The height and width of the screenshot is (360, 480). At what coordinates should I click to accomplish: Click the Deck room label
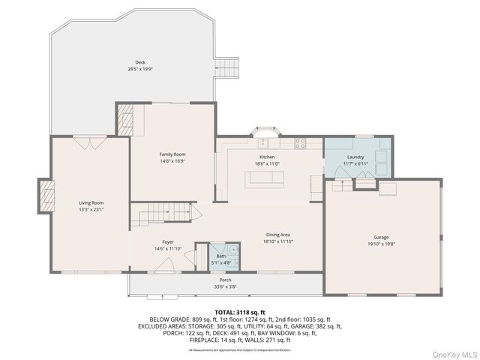click(x=140, y=62)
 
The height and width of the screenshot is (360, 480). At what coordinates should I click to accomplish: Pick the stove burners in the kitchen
click(x=300, y=143)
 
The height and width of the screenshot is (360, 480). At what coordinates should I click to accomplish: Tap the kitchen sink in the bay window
click(x=266, y=142)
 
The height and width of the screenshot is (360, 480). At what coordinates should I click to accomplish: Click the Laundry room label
click(x=355, y=157)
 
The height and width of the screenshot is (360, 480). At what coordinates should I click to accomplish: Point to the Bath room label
click(x=221, y=256)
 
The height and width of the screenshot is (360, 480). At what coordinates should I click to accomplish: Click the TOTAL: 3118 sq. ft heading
click(x=239, y=310)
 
